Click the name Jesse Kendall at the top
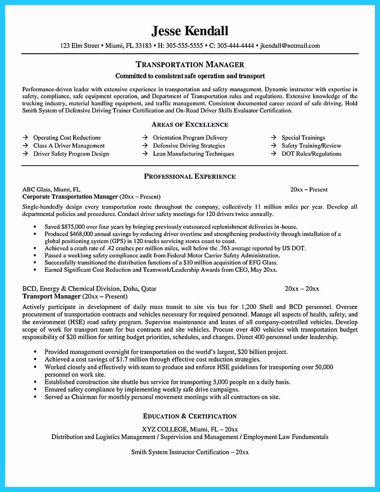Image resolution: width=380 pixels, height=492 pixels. pyautogui.click(x=190, y=31)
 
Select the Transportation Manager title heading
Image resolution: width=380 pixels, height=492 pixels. pyautogui.click(x=190, y=65)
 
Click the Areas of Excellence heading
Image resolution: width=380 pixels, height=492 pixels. pyautogui.click(x=190, y=124)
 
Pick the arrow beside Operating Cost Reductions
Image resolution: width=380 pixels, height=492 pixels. pyautogui.click(x=25, y=138)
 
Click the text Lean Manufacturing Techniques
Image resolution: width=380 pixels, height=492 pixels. pyautogui.click(x=193, y=154)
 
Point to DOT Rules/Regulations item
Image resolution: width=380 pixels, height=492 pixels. pyautogui.click(x=311, y=154)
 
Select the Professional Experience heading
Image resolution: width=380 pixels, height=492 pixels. pyautogui.click(x=190, y=176)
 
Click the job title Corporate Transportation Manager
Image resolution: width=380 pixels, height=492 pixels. pyautogui.click(x=70, y=197)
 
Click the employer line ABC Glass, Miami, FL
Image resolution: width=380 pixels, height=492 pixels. pyautogui.click(x=51, y=189)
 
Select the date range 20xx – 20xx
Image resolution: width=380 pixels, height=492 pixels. pyautogui.click(x=302, y=289)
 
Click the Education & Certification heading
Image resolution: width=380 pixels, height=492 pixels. pyautogui.click(x=190, y=417)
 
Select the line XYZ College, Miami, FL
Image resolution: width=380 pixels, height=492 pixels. pyautogui.click(x=190, y=429)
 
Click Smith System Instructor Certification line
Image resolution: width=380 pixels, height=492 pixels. pyautogui.click(x=190, y=452)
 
